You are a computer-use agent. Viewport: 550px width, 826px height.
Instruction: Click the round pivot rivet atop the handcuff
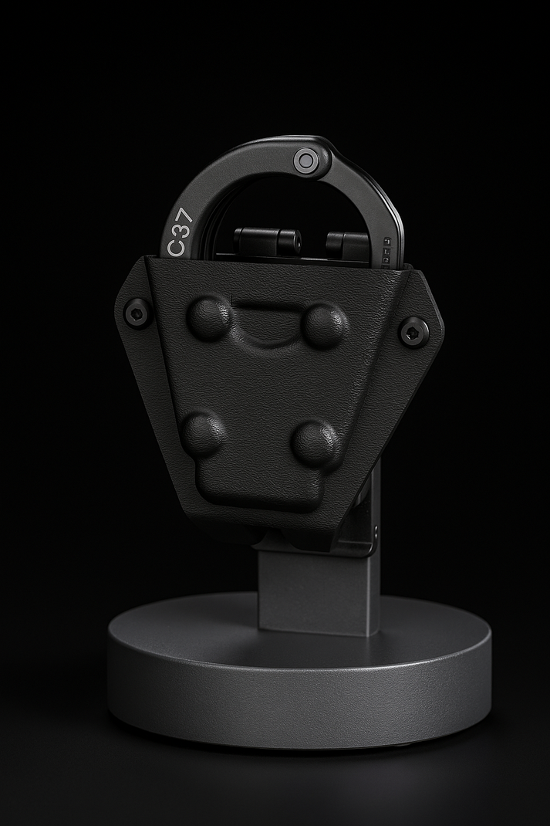(306, 161)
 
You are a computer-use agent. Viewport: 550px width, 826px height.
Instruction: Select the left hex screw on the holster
(137, 313)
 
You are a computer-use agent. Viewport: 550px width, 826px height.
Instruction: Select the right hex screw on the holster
(414, 331)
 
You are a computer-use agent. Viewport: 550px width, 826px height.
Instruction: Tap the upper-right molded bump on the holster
(324, 324)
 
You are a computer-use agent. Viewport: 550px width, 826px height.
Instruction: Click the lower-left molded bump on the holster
(203, 432)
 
